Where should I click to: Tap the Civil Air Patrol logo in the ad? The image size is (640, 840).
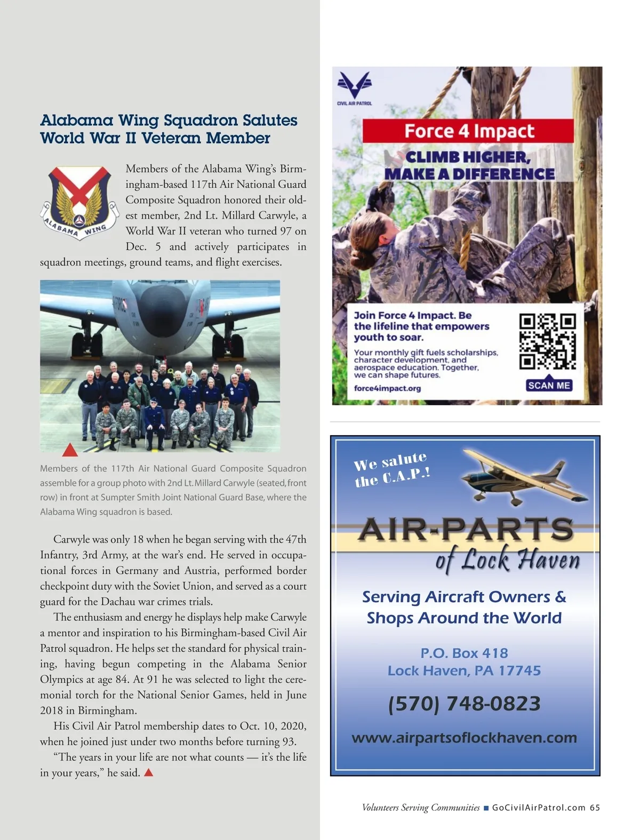pyautogui.click(x=355, y=88)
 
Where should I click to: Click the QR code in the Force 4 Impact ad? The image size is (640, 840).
pyautogui.click(x=548, y=342)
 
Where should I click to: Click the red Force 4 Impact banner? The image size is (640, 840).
pyautogui.click(x=468, y=131)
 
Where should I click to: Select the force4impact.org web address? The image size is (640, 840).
pyautogui.click(x=387, y=388)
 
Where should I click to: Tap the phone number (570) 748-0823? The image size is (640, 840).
pyautogui.click(x=464, y=703)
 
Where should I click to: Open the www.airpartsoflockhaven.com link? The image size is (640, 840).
pyautogui.click(x=464, y=738)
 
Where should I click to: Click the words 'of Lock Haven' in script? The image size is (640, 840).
pyautogui.click(x=507, y=560)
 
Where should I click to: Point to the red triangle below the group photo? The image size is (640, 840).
pyautogui.click(x=70, y=451)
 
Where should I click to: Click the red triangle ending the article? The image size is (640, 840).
pyautogui.click(x=149, y=772)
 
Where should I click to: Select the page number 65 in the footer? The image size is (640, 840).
pyautogui.click(x=595, y=807)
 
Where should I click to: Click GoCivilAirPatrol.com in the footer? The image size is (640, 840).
pyautogui.click(x=539, y=807)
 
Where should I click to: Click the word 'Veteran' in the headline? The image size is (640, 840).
pyautogui.click(x=171, y=138)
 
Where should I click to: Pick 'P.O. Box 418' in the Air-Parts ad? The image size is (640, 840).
pyautogui.click(x=464, y=653)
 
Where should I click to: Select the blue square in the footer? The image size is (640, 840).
pyautogui.click(x=486, y=808)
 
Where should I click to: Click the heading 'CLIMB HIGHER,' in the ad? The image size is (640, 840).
pyautogui.click(x=468, y=157)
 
